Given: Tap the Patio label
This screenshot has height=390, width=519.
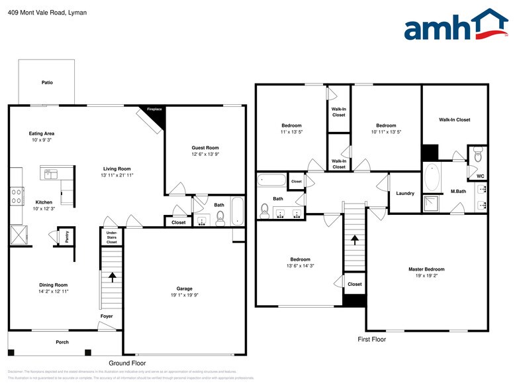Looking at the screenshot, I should tap(47, 82).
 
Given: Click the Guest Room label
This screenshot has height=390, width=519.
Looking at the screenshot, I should tap(205, 147).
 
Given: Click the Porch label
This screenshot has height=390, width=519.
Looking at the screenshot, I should tap(62, 342).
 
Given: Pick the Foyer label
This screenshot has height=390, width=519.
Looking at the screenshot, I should tap(107, 316).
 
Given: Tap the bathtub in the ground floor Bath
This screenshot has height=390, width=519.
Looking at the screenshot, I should tap(238, 211).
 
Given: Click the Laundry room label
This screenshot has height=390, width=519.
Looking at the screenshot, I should tap(405, 194).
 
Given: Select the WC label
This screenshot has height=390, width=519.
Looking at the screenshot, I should tap(481, 176).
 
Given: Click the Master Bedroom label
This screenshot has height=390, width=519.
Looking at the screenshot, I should tap(426, 269).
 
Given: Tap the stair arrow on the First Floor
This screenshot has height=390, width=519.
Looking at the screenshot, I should tap(355, 241).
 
